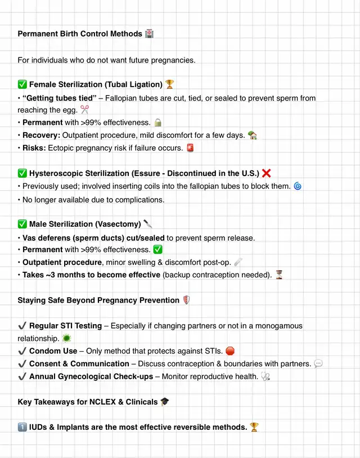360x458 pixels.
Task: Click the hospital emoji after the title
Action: (x=149, y=34)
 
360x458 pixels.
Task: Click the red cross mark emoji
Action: (x=267, y=173)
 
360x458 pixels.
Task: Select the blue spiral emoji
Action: (x=298, y=186)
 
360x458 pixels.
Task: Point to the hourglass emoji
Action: (x=279, y=275)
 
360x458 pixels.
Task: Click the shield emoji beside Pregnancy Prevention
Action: (x=187, y=300)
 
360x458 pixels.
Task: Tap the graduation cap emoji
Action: (x=165, y=402)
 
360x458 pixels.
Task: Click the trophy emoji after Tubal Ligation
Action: (x=170, y=84)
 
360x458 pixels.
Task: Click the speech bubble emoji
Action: (x=318, y=364)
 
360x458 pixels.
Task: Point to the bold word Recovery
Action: (x=40, y=136)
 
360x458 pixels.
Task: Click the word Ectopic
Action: (x=62, y=148)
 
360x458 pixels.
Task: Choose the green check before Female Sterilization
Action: (x=22, y=84)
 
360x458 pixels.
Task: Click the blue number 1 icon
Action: (x=22, y=427)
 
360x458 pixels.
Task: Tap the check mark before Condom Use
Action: (x=22, y=351)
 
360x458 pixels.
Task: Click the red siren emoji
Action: (x=191, y=148)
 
